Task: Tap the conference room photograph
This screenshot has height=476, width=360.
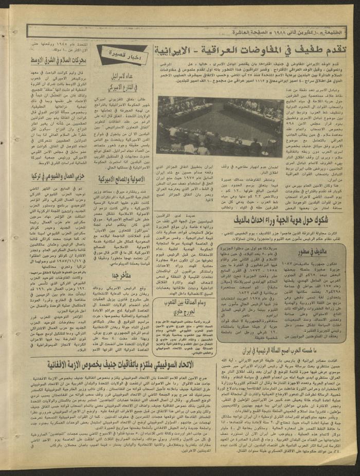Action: click(x=220, y=127)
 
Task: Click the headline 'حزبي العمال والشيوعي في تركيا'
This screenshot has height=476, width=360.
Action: click(x=62, y=176)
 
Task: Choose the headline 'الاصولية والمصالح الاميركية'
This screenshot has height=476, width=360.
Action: click(x=121, y=179)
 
